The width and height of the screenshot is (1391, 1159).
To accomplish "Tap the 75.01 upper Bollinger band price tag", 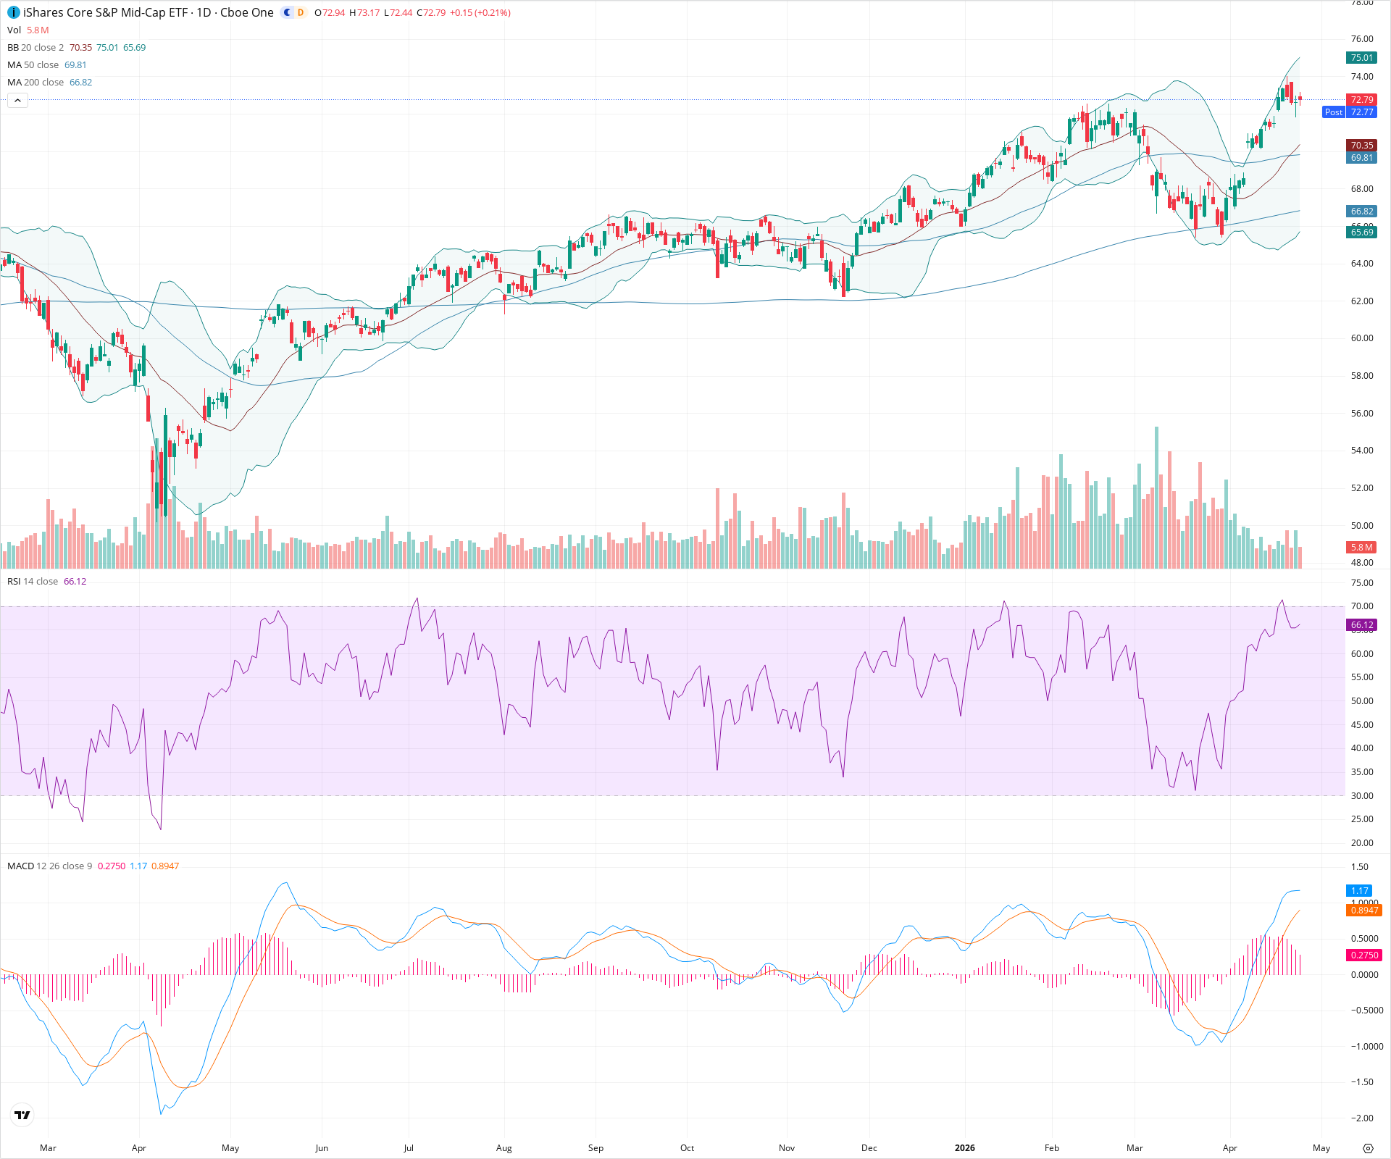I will (x=1361, y=58).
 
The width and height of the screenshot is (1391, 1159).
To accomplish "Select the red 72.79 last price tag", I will (x=1361, y=100).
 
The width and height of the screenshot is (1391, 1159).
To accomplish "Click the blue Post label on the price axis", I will (x=1333, y=112).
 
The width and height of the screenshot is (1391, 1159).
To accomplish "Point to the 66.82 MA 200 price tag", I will (x=1361, y=212).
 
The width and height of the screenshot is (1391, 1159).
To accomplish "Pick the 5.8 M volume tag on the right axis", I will (x=1361, y=548).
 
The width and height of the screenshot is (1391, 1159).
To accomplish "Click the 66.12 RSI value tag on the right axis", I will (x=1361, y=625).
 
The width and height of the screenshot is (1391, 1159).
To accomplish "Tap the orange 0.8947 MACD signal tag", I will (x=1363, y=911).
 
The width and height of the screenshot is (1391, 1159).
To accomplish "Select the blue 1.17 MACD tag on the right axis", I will (x=1359, y=891).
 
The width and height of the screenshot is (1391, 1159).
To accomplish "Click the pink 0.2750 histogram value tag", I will (x=1363, y=955).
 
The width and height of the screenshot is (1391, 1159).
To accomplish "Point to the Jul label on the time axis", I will (x=409, y=1148).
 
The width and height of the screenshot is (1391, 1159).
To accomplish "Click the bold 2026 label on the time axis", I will (x=964, y=1148).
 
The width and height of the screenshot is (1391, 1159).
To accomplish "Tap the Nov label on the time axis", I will (x=787, y=1148).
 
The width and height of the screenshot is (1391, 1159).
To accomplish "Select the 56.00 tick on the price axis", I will (x=1362, y=414).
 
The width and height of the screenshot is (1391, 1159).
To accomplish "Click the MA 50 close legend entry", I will (x=33, y=65).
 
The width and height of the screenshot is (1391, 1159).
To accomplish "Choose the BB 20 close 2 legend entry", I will (x=35, y=48).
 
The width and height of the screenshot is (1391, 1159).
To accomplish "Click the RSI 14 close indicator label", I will (x=33, y=582).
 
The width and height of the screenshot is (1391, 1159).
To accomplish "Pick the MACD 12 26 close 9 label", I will (x=49, y=866).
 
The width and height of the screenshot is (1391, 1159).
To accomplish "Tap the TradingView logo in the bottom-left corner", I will (x=22, y=1116).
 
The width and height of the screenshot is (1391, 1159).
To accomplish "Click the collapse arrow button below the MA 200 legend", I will (x=18, y=100).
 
